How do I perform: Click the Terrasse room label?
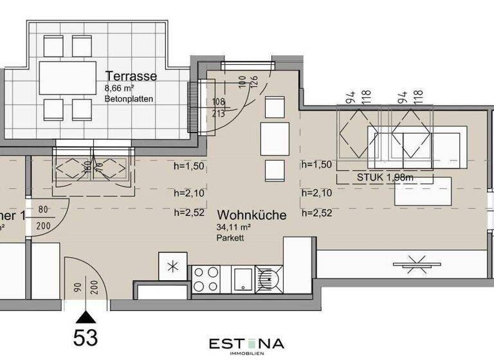click(131, 76)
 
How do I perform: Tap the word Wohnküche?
click(252, 215)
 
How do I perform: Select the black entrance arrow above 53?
click(85, 316)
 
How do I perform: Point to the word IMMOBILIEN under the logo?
click(246, 354)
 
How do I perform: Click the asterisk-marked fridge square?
click(172, 266)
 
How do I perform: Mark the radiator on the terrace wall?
click(192, 109)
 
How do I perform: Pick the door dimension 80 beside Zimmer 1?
click(44, 209)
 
